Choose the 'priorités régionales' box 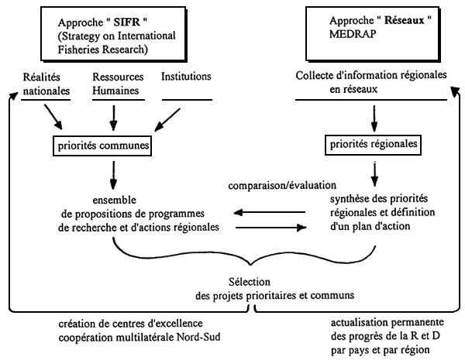376,143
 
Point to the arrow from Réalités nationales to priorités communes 55,118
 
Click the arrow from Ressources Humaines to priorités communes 114,118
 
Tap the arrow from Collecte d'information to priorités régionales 376,117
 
